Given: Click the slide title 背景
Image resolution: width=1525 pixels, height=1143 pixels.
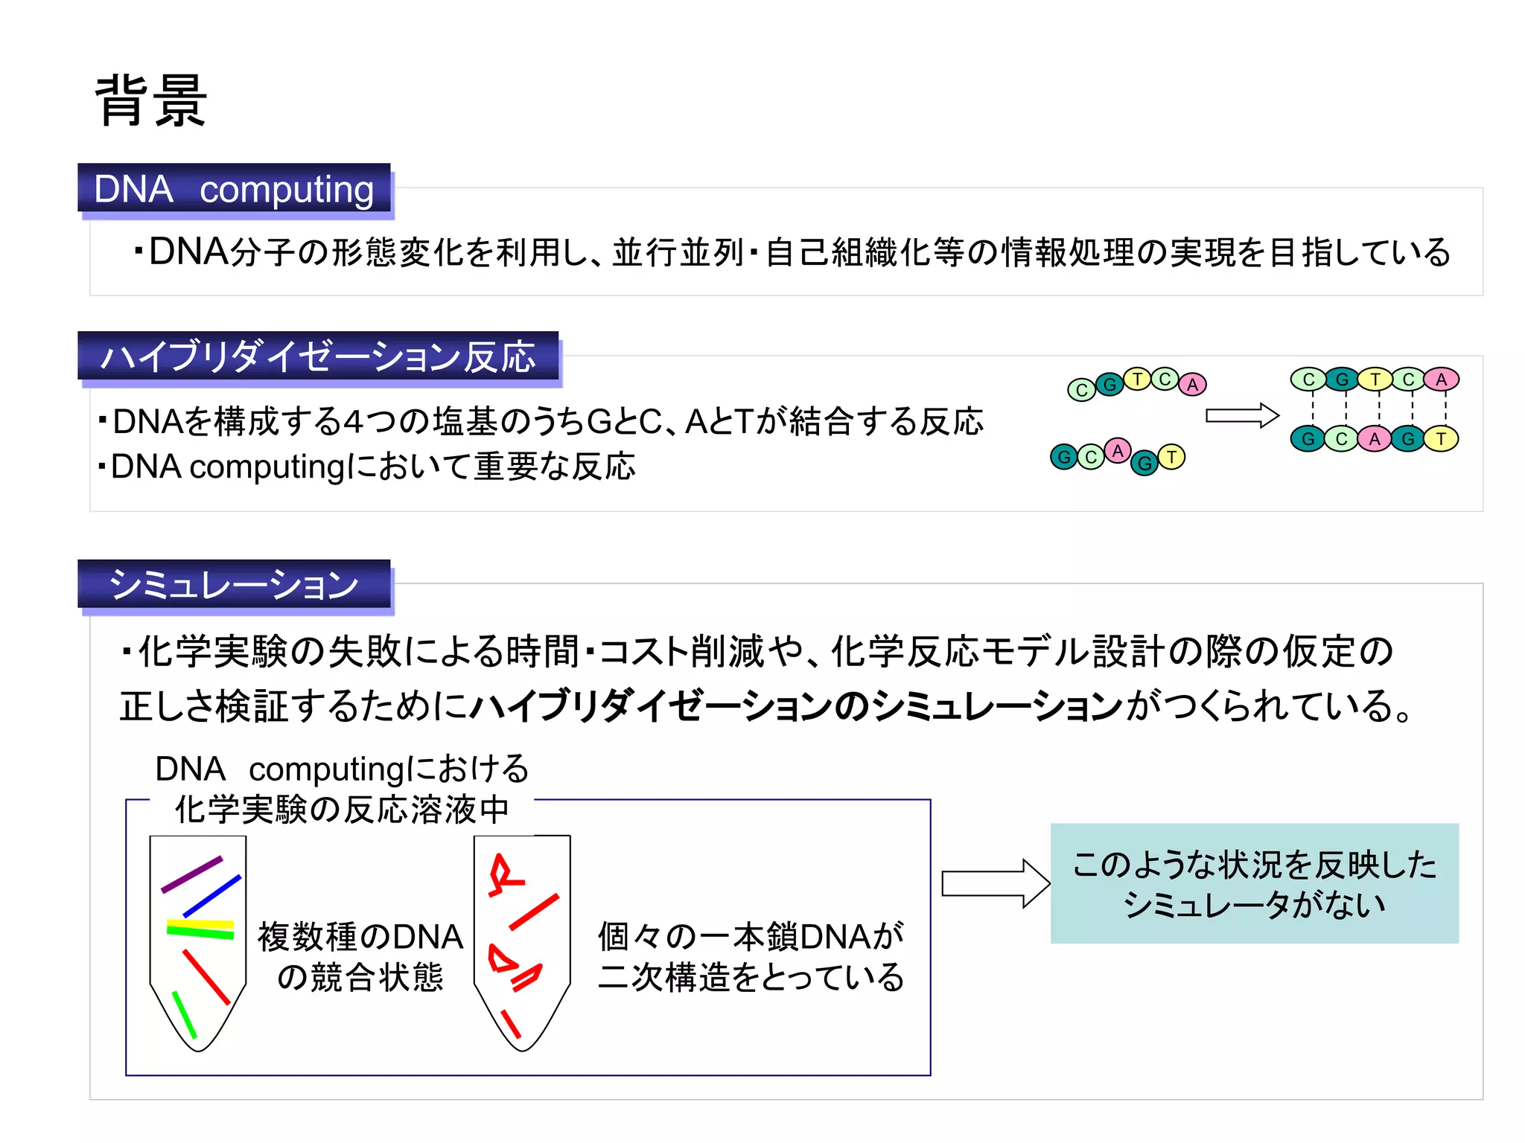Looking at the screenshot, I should click(x=151, y=101).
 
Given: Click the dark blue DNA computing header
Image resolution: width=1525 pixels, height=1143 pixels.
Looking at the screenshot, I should click(x=234, y=188).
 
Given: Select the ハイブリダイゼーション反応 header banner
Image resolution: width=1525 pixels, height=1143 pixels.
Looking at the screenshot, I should click(x=318, y=356).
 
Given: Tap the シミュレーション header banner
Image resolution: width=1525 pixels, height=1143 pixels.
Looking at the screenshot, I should click(x=234, y=584).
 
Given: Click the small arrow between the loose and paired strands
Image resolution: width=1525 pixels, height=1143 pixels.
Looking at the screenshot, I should click(x=1241, y=415).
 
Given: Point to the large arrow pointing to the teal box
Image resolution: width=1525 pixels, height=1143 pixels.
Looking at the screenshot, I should click(x=995, y=883).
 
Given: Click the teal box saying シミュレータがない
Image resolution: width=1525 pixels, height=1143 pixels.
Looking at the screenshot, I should click(x=1254, y=883).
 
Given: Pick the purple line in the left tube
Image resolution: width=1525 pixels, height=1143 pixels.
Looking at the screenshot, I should click(x=192, y=874).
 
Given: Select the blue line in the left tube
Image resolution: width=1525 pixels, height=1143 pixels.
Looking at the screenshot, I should click(x=212, y=895).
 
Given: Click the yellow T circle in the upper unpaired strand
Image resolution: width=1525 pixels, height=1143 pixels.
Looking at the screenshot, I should click(x=1137, y=380).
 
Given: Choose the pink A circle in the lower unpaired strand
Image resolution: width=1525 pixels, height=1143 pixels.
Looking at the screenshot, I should click(x=1117, y=450).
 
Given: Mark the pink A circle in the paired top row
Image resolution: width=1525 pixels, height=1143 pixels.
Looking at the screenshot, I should click(x=1441, y=380).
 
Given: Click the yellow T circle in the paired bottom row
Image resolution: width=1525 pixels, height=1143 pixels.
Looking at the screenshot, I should click(x=1441, y=439).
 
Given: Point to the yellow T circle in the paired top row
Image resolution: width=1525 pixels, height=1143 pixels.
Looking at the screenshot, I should click(x=1375, y=380).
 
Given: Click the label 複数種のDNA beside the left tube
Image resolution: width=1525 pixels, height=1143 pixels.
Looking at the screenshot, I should click(x=360, y=937).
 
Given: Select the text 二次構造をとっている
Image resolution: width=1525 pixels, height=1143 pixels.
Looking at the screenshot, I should click(x=751, y=978).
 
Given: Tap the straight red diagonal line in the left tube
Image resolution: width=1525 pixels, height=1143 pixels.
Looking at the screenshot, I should click(x=206, y=977).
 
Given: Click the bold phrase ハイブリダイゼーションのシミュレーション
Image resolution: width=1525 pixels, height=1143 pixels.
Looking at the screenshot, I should click(x=797, y=705).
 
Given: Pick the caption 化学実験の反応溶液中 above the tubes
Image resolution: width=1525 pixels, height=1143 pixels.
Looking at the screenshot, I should click(x=342, y=810).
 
